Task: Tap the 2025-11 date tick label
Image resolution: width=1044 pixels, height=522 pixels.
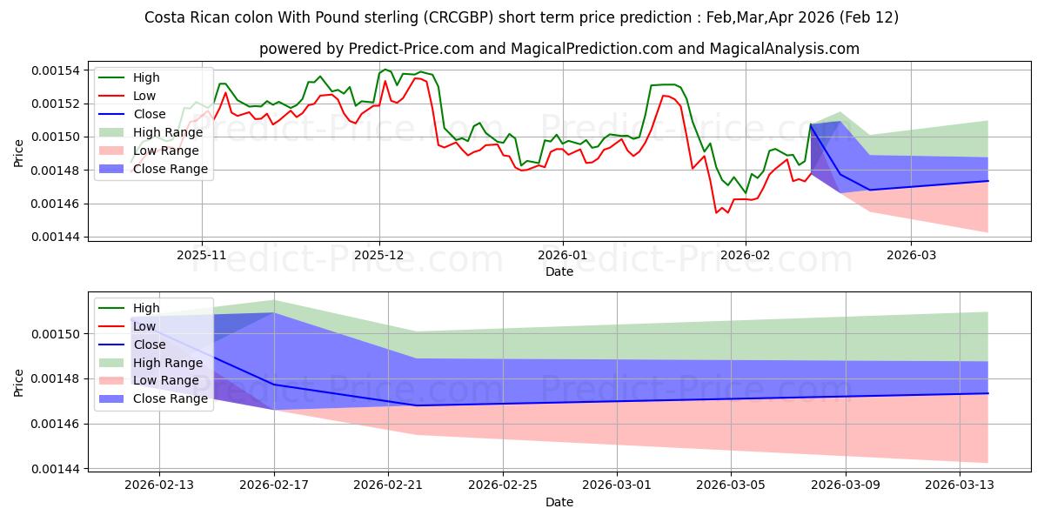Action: pyautogui.click(x=202, y=255)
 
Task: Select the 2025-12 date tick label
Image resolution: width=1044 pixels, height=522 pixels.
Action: pyautogui.click(x=379, y=255)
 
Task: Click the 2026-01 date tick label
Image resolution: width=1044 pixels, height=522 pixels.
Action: pyautogui.click(x=562, y=255)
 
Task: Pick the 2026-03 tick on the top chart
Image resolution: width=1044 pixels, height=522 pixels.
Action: pyautogui.click(x=911, y=255)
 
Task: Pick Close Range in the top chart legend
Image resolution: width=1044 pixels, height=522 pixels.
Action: pyautogui.click(x=170, y=169)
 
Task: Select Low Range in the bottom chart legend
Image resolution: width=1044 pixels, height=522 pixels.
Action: pyautogui.click(x=166, y=381)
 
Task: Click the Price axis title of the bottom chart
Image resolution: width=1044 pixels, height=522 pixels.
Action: pyautogui.click(x=19, y=382)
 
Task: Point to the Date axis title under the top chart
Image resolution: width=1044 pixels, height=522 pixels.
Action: pyautogui.click(x=559, y=271)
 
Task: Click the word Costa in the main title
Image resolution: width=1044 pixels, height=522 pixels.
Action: pyautogui.click(x=164, y=17)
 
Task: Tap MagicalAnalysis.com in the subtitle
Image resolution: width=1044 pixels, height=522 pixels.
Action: pyautogui.click(x=785, y=50)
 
